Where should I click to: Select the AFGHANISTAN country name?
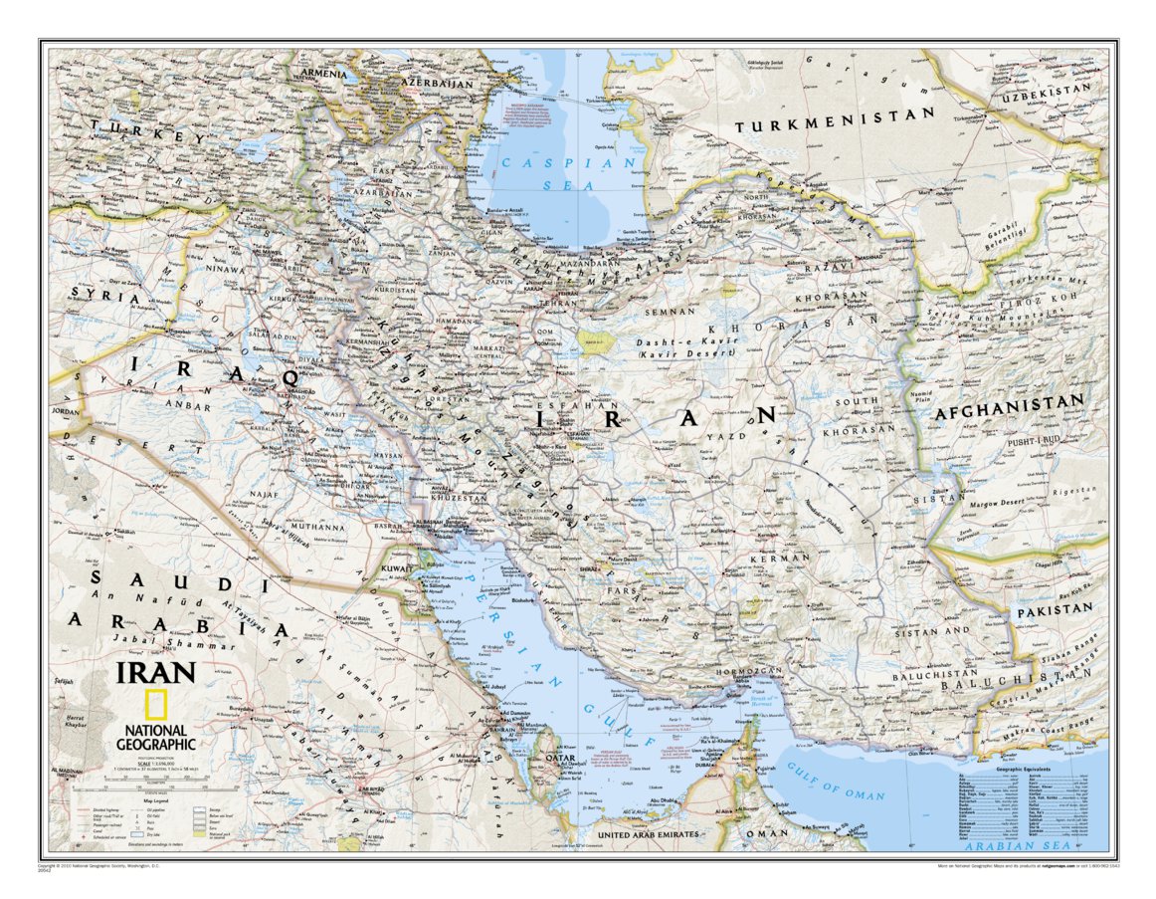(x=1007, y=404)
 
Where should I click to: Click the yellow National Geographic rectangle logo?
(x=155, y=704)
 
